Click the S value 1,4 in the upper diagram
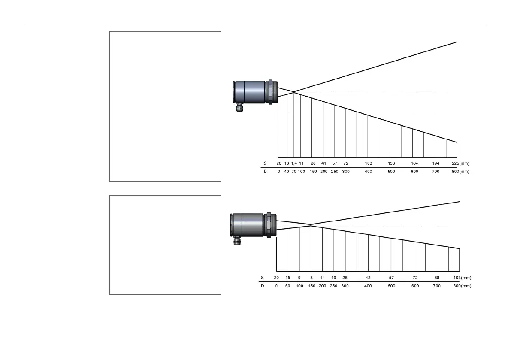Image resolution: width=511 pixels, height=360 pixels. (x=294, y=163)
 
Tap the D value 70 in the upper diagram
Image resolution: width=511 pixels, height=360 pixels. (x=294, y=172)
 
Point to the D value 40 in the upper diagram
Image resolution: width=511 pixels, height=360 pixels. (x=287, y=172)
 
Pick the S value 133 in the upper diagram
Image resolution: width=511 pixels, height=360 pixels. (x=391, y=163)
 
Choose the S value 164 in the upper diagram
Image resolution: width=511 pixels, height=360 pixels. (x=414, y=163)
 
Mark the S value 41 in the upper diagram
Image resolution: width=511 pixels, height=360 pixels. (x=324, y=163)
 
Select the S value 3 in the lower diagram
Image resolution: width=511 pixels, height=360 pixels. (x=311, y=278)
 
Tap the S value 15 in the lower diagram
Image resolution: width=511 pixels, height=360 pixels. (x=288, y=278)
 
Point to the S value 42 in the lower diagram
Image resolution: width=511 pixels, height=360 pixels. (x=368, y=278)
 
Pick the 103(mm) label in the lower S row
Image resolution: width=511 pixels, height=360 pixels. (x=462, y=278)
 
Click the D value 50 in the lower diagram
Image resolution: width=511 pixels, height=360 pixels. (x=288, y=286)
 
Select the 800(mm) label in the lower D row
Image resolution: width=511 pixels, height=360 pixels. (x=462, y=286)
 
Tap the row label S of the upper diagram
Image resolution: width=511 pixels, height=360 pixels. (x=265, y=163)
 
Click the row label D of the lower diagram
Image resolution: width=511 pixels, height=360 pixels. (x=263, y=286)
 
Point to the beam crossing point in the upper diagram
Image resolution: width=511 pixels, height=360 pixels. (x=294, y=92)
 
